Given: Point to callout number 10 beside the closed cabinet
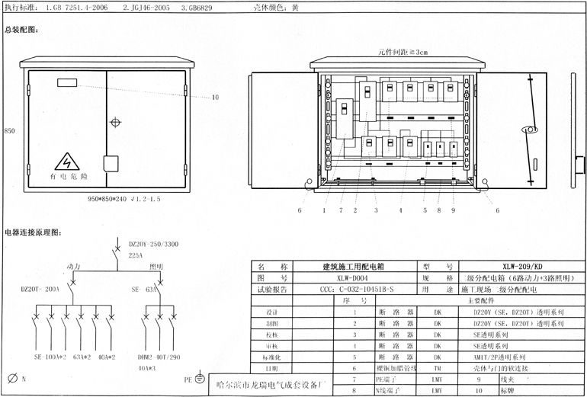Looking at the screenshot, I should click(x=215, y=98).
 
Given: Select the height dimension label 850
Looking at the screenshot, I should click(x=10, y=131).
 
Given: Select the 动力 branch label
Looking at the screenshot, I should click(x=75, y=267).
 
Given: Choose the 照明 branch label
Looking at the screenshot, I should click(x=156, y=267).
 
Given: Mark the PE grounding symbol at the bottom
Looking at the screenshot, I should click(x=198, y=378).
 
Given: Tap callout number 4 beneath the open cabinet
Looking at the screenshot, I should click(x=399, y=210).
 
